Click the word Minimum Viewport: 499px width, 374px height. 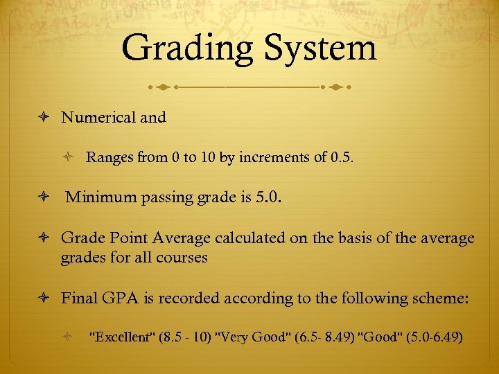[103, 199]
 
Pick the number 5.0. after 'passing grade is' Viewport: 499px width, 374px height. [270, 199]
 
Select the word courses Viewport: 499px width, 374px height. [183, 258]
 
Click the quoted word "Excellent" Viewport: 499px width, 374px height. [122, 338]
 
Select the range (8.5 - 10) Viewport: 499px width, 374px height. [186, 338]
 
